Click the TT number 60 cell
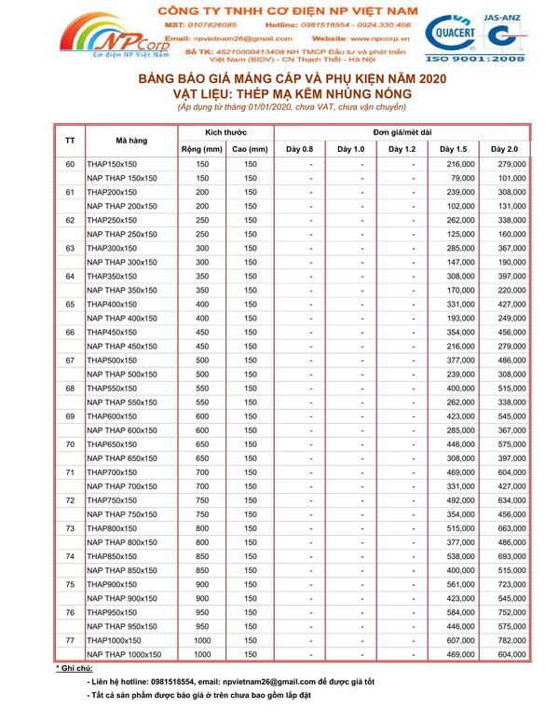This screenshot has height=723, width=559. point(70,164)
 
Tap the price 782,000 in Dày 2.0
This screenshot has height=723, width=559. point(511,641)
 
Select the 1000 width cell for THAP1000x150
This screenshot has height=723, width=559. point(201,641)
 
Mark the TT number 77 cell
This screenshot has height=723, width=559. point(70,641)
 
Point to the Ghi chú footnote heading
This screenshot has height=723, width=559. point(74,669)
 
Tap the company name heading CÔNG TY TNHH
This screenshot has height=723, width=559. point(280,7)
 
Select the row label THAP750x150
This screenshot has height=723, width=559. point(112,500)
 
